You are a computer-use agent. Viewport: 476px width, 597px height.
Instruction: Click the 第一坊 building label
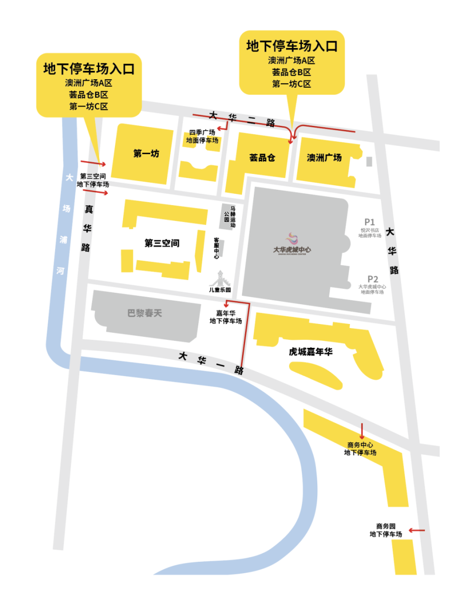146,154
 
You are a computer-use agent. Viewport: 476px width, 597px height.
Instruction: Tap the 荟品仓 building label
262,158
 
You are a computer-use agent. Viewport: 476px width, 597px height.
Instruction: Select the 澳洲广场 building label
324,158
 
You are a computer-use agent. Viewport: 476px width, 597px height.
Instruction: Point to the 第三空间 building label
162,243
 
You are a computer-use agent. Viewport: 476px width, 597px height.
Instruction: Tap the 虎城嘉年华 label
310,352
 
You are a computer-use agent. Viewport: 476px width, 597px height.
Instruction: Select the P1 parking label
370,222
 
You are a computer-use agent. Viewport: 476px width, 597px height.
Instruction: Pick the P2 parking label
372,279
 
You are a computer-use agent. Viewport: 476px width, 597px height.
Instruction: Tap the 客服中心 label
216,248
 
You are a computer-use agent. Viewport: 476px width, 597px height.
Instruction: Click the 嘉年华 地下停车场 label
225,317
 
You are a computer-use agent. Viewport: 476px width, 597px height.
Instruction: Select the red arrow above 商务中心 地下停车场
362,431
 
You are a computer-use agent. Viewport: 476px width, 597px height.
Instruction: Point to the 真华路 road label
87,228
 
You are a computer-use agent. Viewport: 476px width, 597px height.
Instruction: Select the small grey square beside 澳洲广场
368,161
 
